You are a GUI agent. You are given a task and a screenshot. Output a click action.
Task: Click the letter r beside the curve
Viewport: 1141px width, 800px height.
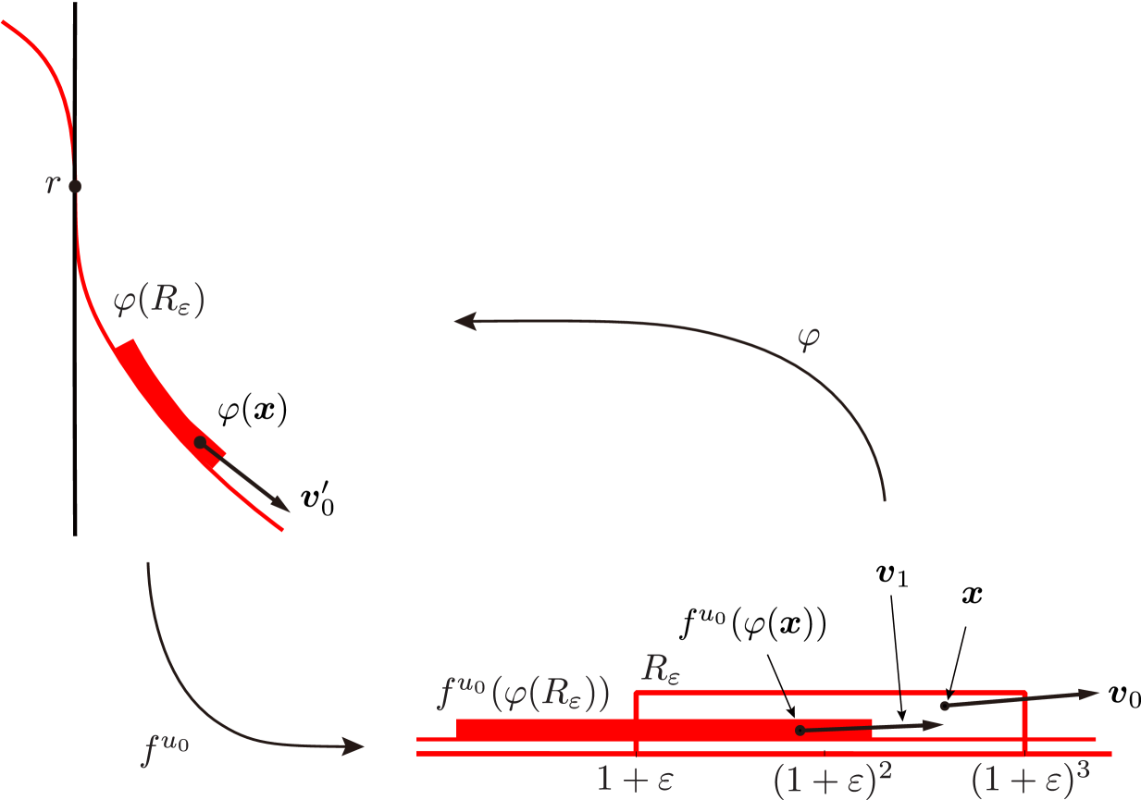[51, 185]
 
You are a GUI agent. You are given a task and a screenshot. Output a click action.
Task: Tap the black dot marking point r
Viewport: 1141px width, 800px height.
[75, 186]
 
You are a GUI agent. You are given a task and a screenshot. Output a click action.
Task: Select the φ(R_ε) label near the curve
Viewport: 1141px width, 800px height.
[157, 302]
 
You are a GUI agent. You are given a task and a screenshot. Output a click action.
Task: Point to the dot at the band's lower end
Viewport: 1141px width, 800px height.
[200, 442]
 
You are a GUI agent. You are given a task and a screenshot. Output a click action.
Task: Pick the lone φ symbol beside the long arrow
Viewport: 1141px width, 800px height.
[808, 338]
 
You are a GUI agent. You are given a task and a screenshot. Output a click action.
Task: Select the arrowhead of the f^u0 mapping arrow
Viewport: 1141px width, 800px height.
[355, 746]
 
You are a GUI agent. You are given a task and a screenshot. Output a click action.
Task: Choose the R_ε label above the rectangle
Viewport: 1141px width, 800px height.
[662, 668]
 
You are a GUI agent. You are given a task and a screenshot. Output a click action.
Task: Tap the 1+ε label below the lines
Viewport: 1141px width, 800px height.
[634, 780]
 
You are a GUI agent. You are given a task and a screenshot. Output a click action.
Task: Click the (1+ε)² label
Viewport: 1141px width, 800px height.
[832, 780]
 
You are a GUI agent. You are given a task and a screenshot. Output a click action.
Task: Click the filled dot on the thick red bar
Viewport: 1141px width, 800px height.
[800, 731]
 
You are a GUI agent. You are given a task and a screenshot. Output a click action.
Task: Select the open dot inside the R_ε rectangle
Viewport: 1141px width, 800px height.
[944, 706]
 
